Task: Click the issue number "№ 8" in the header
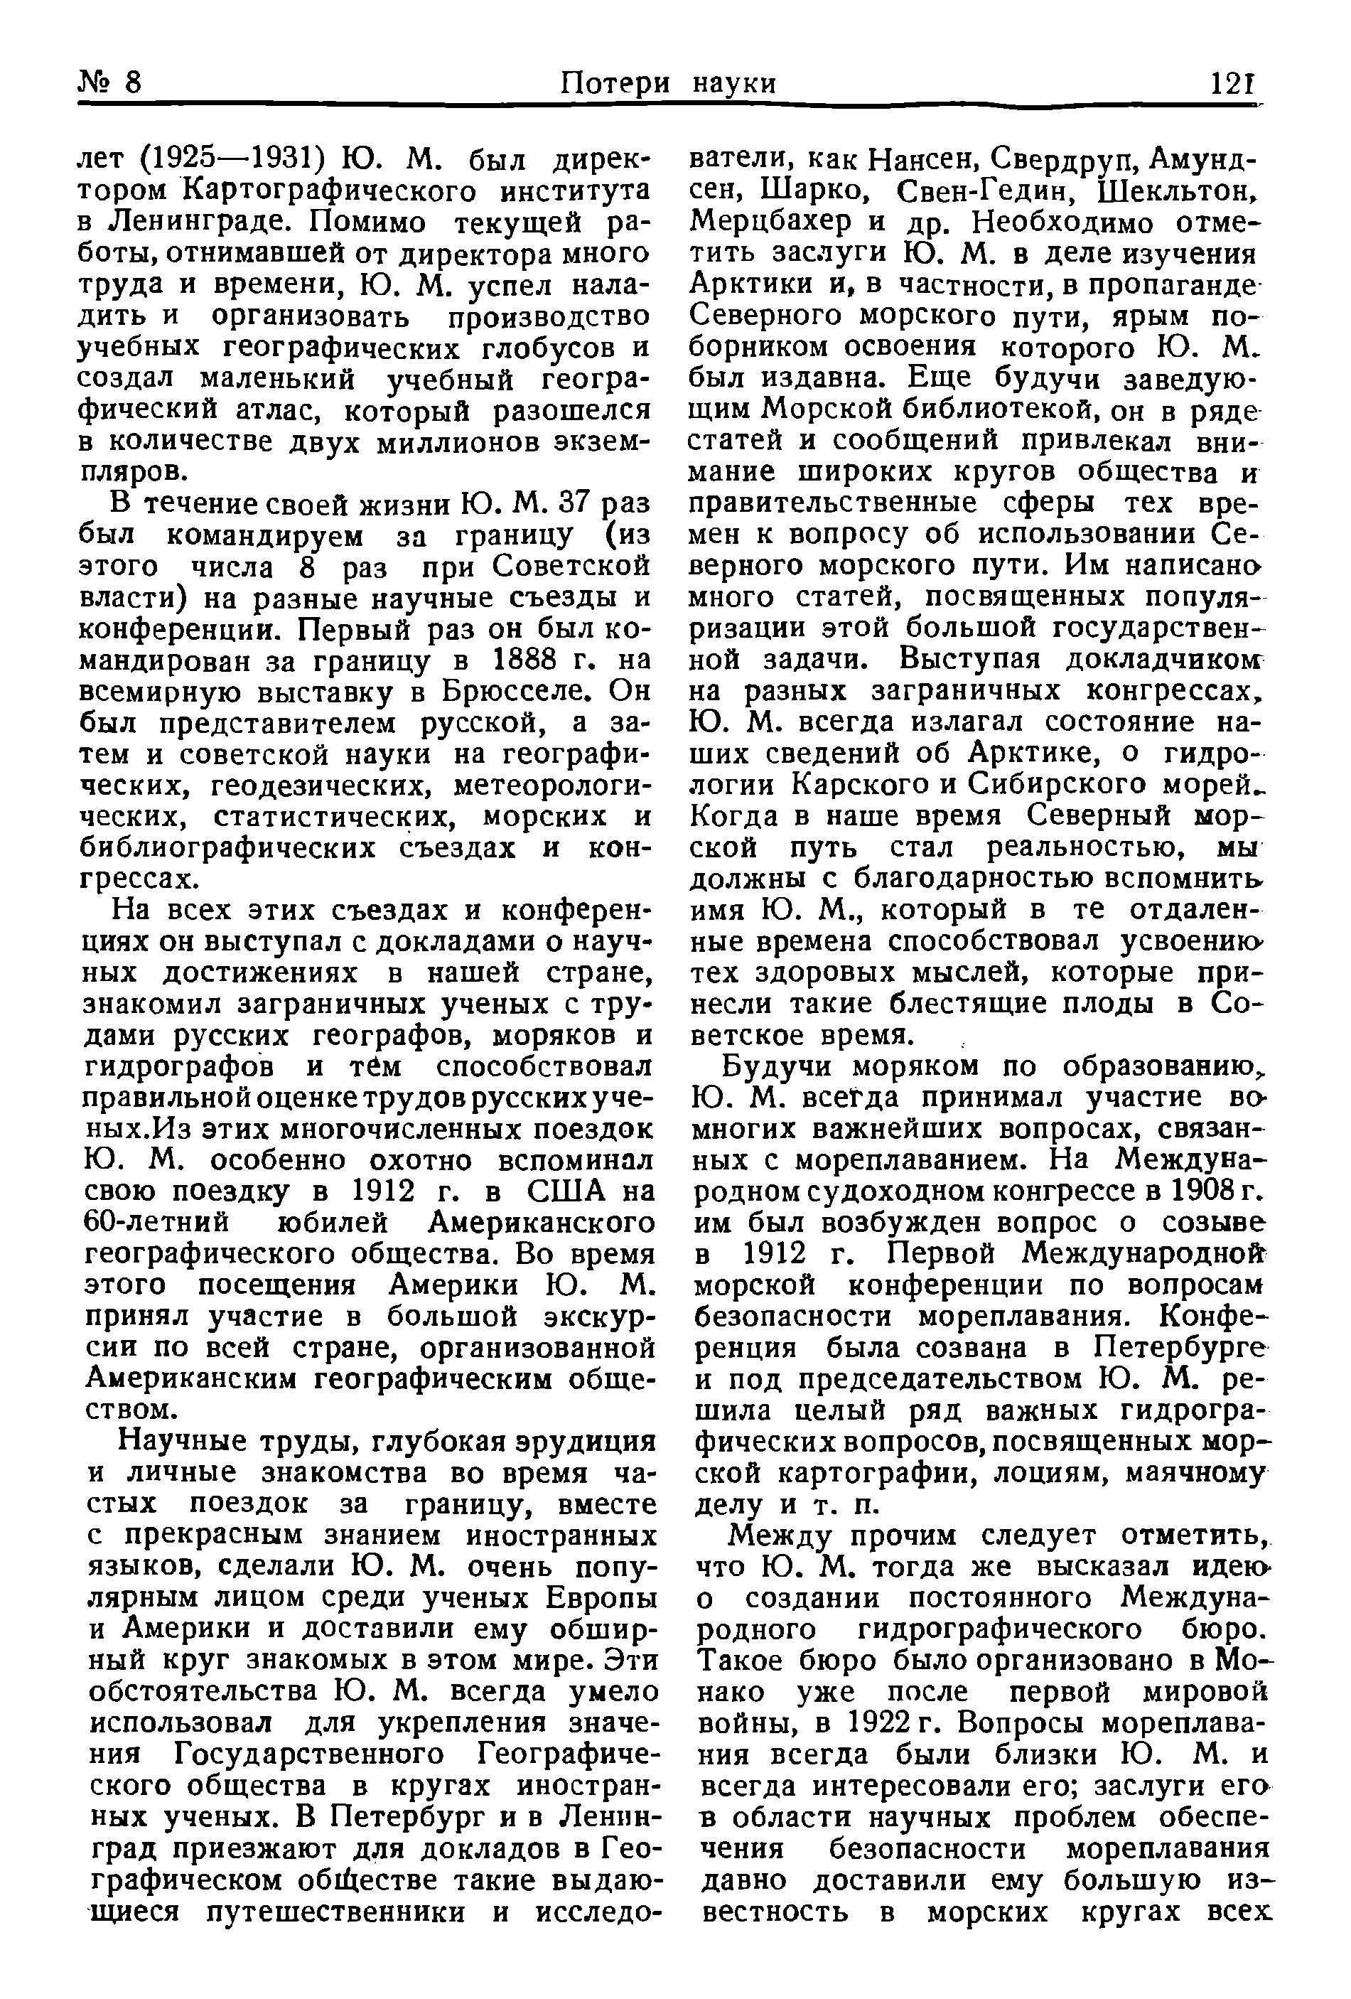tap(109, 82)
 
